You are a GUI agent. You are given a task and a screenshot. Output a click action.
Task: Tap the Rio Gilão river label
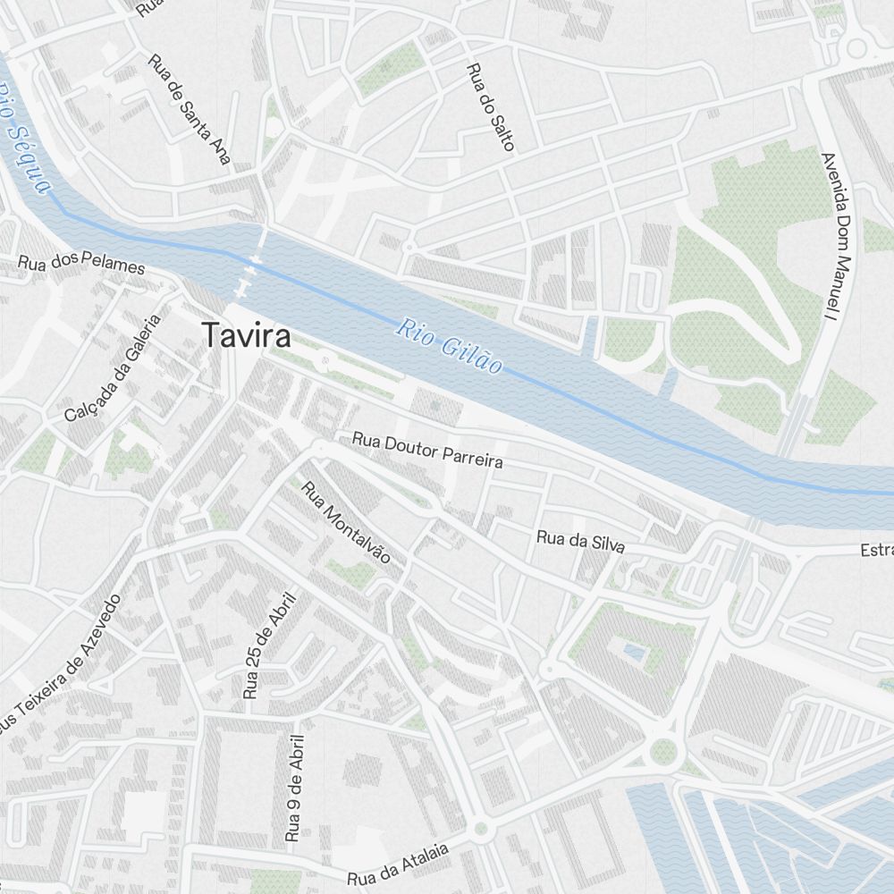click(450, 346)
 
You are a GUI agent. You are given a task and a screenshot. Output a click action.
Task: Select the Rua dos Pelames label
click(81, 265)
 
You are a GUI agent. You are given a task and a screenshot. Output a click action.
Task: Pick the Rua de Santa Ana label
click(190, 110)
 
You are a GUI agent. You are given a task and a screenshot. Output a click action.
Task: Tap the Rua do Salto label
click(491, 106)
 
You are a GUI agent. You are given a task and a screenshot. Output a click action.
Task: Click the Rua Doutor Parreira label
click(427, 451)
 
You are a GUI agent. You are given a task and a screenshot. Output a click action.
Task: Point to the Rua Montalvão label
click(346, 522)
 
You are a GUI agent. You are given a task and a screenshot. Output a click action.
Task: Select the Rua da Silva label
click(580, 541)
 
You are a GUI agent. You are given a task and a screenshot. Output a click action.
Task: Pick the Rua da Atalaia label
click(398, 864)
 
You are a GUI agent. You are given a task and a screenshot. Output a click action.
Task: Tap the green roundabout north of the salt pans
click(662, 751)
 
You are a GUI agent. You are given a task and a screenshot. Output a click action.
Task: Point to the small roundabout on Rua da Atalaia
click(481, 829)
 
